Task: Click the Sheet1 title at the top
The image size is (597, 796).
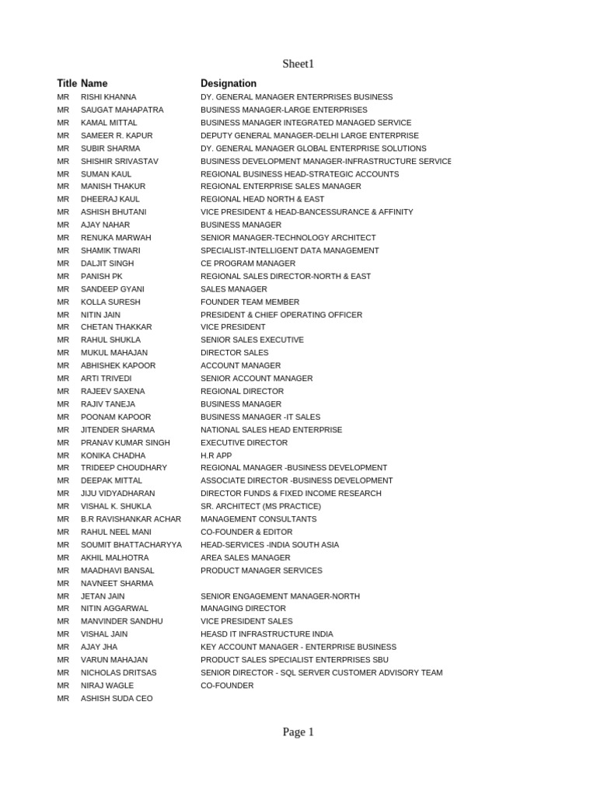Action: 298,64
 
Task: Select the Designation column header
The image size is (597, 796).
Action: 229,83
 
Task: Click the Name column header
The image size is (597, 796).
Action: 94,83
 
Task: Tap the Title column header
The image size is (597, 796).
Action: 67,83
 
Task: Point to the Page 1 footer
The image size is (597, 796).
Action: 298,731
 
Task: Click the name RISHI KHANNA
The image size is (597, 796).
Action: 108,97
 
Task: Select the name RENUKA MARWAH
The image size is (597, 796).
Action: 116,238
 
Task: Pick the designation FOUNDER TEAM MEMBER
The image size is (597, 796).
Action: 250,302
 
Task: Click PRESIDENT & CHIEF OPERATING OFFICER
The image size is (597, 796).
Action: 281,315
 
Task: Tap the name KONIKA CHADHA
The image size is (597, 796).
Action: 113,456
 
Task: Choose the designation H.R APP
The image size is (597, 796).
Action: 216,456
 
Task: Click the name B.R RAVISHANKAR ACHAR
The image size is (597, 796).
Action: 131,519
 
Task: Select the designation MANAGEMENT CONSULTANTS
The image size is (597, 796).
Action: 259,519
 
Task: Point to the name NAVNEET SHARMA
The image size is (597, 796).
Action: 117,583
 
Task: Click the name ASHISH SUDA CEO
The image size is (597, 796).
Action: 117,698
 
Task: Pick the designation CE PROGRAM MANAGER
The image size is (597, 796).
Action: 248,264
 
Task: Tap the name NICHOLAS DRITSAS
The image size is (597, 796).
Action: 118,672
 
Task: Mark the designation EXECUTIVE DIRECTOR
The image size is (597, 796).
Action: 244,442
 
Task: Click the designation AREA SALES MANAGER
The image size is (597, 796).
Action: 246,557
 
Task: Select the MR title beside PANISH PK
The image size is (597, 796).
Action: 63,276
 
